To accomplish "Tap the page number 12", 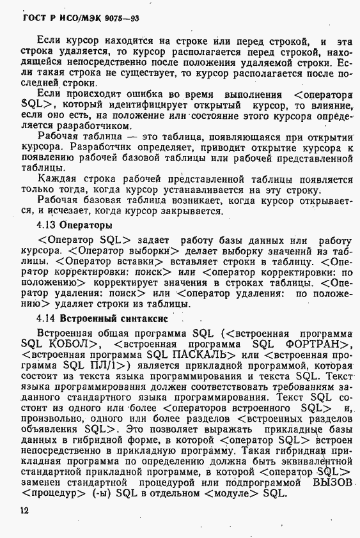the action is click(24, 510).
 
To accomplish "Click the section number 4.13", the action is click(47, 226).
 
